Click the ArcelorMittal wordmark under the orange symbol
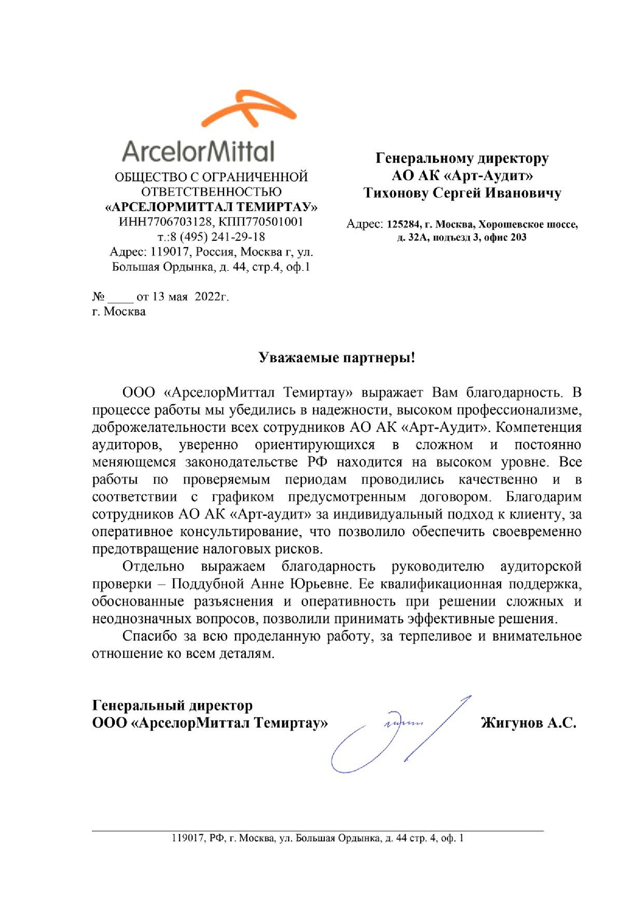coord(198,152)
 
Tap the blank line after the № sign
coord(121,297)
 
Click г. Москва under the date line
coord(119,311)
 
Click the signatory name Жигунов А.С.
coord(528,723)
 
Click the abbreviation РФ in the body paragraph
coord(317,462)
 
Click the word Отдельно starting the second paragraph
coord(153,566)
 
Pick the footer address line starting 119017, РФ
coord(317,838)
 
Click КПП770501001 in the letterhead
coord(261,221)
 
